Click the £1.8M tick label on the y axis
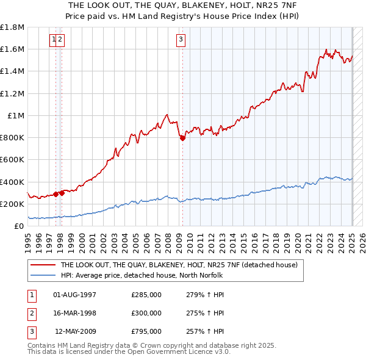13,27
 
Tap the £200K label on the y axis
13,204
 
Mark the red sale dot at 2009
182,138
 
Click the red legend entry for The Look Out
178,265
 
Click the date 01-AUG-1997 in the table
75,295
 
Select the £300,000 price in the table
146,313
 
